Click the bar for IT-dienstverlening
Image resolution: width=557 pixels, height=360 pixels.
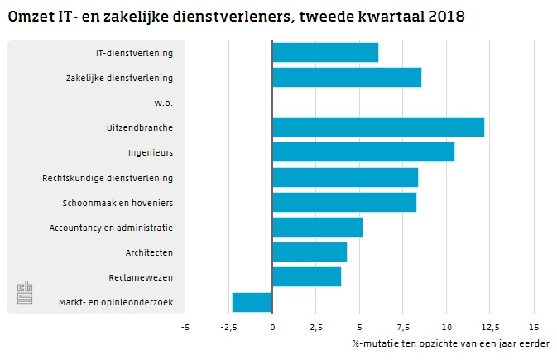324,52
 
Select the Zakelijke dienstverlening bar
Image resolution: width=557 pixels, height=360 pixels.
346,77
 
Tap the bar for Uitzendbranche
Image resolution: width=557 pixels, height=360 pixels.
377,127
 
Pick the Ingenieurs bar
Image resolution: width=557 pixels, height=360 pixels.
363,152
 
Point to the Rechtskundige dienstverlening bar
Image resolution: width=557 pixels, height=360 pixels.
344,177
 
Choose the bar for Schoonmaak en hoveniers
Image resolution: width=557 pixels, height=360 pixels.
343,202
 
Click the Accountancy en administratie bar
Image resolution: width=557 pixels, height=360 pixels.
317,227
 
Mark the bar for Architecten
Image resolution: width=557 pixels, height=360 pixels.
309,252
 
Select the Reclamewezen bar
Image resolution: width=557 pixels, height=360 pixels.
306,276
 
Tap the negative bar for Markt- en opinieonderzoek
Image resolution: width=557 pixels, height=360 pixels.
252,302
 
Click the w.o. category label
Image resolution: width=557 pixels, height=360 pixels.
163,103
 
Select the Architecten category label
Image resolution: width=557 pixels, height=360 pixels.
149,252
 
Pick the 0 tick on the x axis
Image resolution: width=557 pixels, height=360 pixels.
272,326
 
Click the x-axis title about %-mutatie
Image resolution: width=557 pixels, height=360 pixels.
454,343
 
